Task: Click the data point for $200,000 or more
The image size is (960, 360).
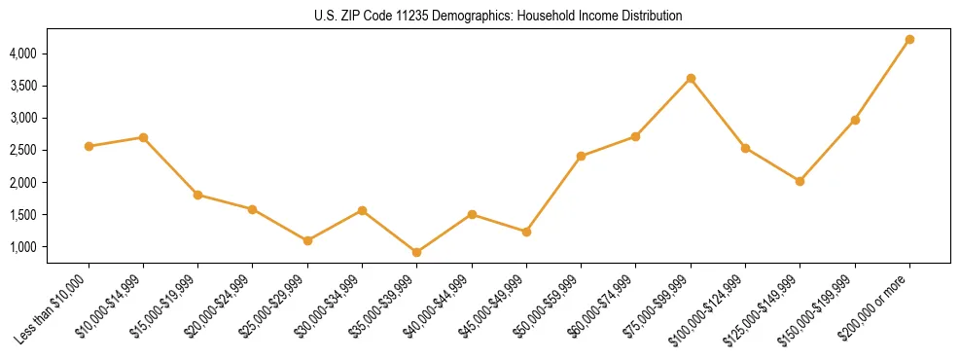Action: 909,40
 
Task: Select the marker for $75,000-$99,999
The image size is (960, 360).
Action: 691,78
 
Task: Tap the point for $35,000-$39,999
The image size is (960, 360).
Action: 416,252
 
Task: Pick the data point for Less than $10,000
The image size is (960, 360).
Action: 89,146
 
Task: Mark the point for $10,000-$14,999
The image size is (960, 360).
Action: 143,137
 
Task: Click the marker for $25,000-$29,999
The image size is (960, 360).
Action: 307,240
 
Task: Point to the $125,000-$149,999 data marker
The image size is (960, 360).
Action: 800,181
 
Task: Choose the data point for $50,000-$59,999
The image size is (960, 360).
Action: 581,156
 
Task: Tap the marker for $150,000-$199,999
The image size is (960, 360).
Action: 855,120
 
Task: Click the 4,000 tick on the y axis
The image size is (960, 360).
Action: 51,53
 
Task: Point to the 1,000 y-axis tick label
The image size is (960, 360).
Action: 51,246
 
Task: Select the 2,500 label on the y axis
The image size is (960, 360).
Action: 51,150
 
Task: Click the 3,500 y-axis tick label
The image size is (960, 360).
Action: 51,86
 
